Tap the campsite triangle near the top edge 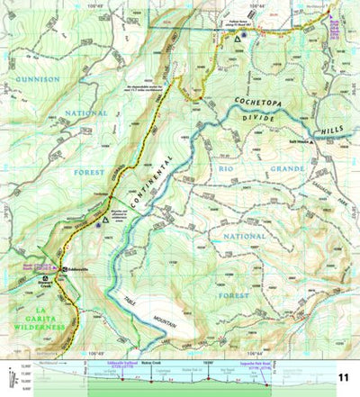tap(238, 41)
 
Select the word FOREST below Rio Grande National tap(232, 293)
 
